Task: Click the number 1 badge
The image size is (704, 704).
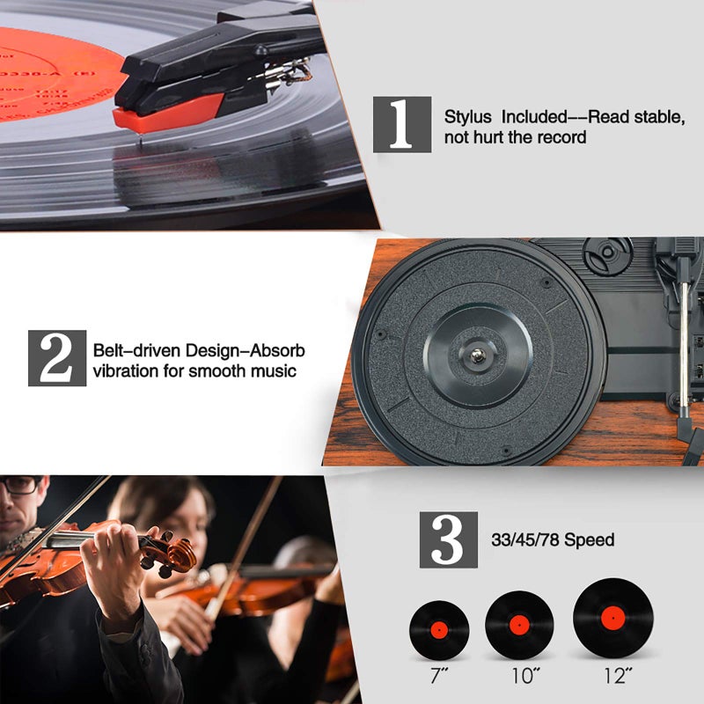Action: coord(401,123)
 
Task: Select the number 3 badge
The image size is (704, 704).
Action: coord(448,539)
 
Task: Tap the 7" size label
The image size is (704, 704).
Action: coord(438,676)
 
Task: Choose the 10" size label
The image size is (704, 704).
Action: coord(521,676)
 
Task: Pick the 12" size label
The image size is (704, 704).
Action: coord(613,676)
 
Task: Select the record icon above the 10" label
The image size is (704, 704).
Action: coord(519,624)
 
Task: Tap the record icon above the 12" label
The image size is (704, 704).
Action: coord(612,618)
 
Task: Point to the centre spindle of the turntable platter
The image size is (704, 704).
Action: coord(477,356)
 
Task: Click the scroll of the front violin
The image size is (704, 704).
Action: coord(180,554)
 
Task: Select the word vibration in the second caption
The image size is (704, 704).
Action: coord(126,371)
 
